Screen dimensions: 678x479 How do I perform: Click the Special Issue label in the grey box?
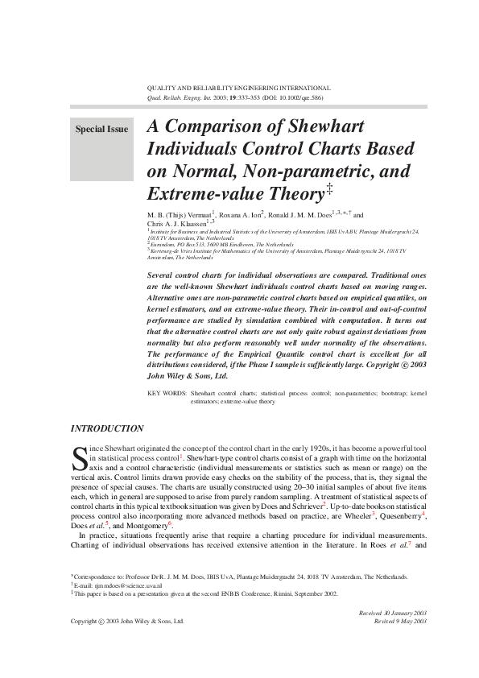click(x=101, y=129)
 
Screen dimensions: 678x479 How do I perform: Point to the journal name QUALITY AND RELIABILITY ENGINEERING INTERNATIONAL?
click(x=238, y=88)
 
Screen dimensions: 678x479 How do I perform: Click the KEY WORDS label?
click(x=167, y=394)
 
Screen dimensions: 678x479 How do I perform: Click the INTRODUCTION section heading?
click(x=108, y=428)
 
